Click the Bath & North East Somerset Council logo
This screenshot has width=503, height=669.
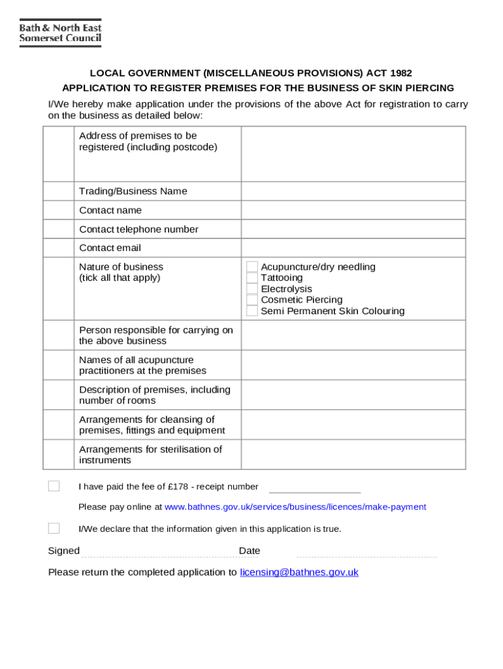point(60,33)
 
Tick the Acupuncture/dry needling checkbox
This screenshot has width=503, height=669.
point(252,267)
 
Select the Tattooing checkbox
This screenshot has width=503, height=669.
point(252,278)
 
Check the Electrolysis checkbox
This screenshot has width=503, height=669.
point(252,289)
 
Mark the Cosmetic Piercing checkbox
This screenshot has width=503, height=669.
point(252,300)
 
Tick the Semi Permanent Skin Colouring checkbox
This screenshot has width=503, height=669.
point(252,311)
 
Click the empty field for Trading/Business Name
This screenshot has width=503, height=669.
point(353,191)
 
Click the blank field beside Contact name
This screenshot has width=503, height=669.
point(353,210)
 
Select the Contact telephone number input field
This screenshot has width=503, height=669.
point(353,229)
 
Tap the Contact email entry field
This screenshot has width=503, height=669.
point(353,248)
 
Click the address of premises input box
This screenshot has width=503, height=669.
point(353,154)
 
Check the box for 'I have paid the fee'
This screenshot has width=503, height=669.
point(54,486)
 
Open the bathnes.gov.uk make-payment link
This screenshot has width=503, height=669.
point(295,507)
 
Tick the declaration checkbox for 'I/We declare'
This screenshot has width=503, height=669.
point(54,529)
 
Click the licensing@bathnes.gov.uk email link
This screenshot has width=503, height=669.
point(299,572)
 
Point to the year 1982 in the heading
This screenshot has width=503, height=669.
point(400,73)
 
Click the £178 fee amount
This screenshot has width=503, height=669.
point(178,487)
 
